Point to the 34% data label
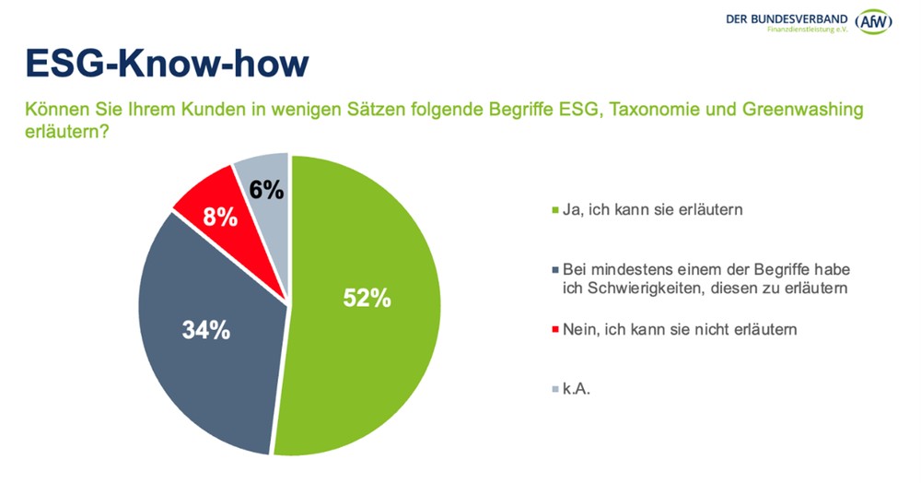[x=204, y=330]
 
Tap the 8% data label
[x=221, y=218]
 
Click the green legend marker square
[x=554, y=210]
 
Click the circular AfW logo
[x=873, y=21]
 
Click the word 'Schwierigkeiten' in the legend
[x=627, y=289]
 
